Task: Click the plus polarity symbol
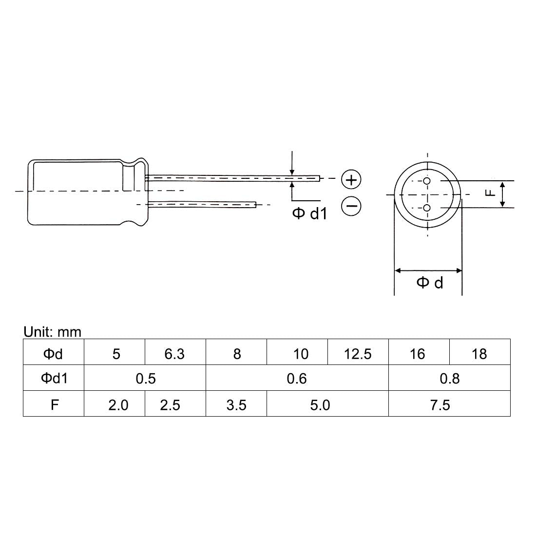351,179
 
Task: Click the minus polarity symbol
351,206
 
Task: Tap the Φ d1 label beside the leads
310,213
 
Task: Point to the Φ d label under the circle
430,283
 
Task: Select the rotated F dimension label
490,193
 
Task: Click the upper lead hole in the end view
427,181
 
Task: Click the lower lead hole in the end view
427,208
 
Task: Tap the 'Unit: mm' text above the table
52,332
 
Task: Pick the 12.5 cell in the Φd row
358,352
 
